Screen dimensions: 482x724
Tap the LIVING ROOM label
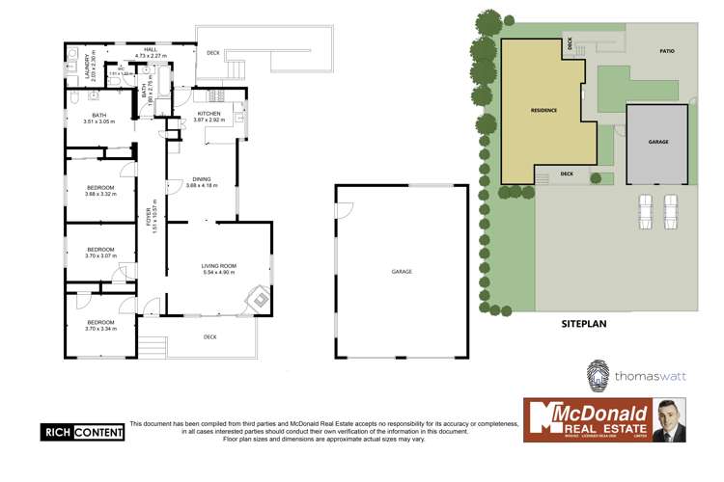click(x=219, y=267)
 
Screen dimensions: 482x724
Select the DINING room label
click(x=203, y=178)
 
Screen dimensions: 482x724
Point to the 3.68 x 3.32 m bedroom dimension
click(x=100, y=194)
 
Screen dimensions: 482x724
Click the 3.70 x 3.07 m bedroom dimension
click(x=100, y=255)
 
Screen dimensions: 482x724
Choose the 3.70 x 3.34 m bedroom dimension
click(x=100, y=329)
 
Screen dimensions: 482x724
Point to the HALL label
click(x=151, y=50)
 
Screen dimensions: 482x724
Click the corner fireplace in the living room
click(x=259, y=300)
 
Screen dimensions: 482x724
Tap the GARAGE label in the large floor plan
click(x=402, y=272)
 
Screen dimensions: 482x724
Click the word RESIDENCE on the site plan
click(x=543, y=111)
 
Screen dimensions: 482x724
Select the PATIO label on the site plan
click(x=666, y=51)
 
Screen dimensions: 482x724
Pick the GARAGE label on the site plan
click(x=658, y=142)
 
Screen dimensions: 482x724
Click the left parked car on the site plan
click(x=646, y=211)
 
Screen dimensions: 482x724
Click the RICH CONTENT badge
click(x=83, y=433)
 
